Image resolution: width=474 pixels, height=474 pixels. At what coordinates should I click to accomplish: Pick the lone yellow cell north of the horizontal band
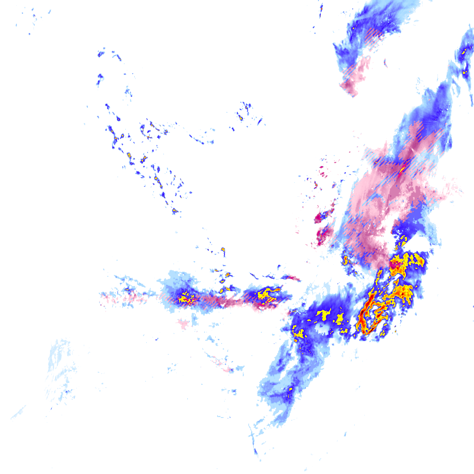point(223,251)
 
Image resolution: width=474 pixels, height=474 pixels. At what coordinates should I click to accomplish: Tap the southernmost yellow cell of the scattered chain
point(175,211)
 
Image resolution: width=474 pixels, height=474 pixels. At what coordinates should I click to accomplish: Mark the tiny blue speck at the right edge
point(473,306)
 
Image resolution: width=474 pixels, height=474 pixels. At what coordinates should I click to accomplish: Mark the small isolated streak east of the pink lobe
point(385,62)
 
